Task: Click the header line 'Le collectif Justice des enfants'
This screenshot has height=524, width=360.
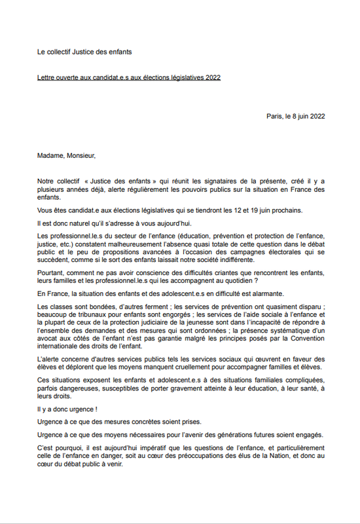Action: (88, 51)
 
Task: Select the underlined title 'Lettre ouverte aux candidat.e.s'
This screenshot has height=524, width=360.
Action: (129, 77)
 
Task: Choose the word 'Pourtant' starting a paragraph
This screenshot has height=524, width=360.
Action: (51, 281)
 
